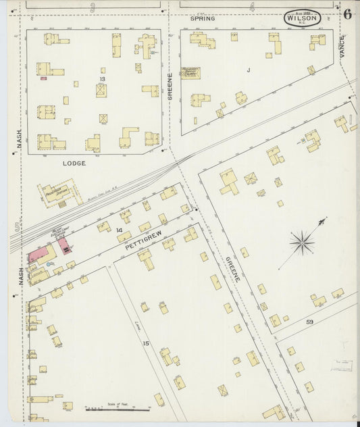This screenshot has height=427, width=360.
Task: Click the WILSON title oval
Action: click(302, 18)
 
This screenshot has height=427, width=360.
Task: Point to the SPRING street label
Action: click(203, 18)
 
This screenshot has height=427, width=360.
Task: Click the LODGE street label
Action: click(74, 164)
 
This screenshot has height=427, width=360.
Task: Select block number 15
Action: click(145, 344)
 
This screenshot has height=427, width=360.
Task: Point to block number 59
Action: click(309, 322)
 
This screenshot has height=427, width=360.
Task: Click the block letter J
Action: click(249, 70)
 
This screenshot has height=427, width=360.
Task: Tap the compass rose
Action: click(301, 241)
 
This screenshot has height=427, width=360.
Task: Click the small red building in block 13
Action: click(43, 78)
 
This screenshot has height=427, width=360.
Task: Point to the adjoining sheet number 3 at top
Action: click(91, 7)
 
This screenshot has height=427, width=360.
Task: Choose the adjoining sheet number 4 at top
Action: click(251, 7)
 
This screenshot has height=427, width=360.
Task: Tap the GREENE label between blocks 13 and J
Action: click(170, 91)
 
